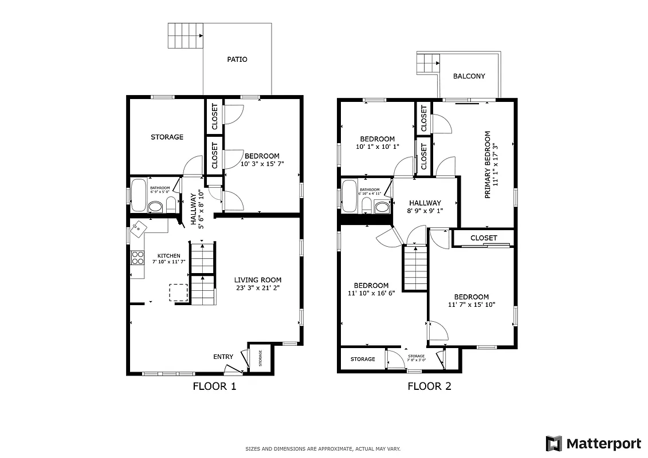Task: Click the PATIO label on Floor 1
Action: tap(237, 60)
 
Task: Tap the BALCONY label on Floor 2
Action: tap(469, 76)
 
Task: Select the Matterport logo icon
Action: tap(553, 443)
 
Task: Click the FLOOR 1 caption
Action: tap(214, 386)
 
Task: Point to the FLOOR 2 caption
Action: tap(429, 386)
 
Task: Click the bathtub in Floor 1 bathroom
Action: tap(139, 196)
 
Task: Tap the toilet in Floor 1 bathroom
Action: tap(171, 205)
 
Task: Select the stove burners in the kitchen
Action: tap(138, 258)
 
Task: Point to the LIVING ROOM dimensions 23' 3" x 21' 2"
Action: tap(258, 288)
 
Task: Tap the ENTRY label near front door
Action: tap(223, 357)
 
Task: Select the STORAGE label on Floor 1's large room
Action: tap(167, 137)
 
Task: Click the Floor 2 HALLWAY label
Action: tap(425, 203)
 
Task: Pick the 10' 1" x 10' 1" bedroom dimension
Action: tap(377, 147)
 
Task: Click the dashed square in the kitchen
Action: tap(178, 292)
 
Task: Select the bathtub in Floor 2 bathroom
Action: tap(349, 196)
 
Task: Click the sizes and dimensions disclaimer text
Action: tap(323, 449)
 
